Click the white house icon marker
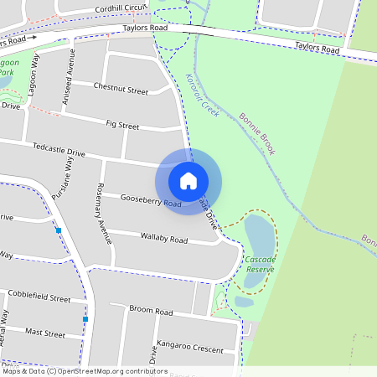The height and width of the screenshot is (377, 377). pos(188,180)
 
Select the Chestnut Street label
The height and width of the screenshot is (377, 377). pos(121,89)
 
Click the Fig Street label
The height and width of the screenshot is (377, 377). pos(122,126)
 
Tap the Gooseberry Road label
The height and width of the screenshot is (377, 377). pos(151,201)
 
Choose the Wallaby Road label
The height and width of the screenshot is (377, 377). pos(164,239)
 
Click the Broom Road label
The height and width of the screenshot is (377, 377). pos(151,311)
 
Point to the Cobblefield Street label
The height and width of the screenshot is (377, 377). pos(39,297)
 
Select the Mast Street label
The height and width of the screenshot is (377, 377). pos(45,333)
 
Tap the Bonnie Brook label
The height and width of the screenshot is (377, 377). pos(257,135)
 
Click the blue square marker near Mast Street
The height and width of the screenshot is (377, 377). pos(85,319)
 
